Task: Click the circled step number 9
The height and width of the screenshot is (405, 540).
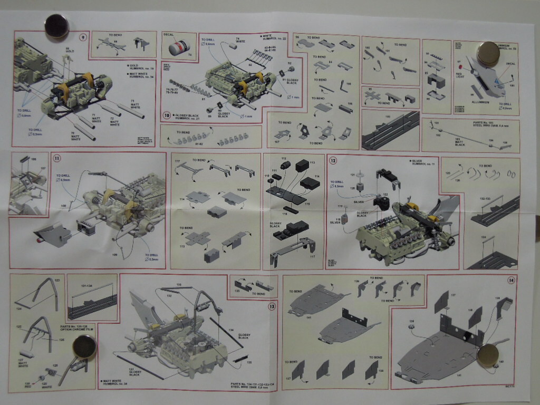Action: pos(83,37)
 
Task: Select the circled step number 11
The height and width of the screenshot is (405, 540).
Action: pos(56,158)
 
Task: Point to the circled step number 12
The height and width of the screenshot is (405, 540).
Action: pos(333,160)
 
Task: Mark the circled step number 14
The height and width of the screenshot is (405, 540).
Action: pos(510,280)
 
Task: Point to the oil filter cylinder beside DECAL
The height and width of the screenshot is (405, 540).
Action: pos(179,50)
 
